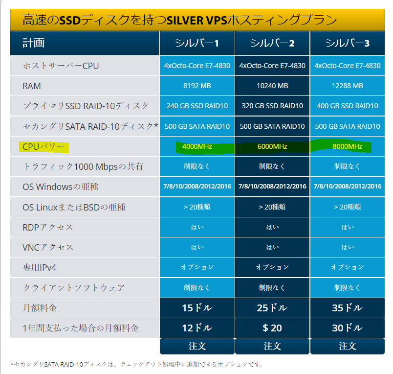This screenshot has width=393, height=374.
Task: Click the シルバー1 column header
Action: click(197, 43)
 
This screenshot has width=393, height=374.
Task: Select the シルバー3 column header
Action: click(348, 43)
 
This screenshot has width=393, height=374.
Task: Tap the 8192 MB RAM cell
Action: click(197, 86)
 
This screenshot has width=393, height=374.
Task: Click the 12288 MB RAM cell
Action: click(348, 86)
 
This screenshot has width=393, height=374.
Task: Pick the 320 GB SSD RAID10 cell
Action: click(272, 106)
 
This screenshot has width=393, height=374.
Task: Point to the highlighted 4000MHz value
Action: click(197, 146)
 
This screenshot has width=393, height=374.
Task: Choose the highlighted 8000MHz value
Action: click(348, 146)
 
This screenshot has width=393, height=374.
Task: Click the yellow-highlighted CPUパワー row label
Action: click(44, 146)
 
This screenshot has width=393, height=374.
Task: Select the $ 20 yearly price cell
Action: click(272, 328)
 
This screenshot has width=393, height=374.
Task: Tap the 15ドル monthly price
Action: click(197, 308)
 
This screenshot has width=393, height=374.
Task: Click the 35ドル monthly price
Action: click(348, 308)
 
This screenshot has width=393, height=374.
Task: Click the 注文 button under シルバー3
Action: click(348, 346)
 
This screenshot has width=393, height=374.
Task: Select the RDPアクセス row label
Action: click(48, 227)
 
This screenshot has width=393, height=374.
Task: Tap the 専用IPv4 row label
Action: click(43, 267)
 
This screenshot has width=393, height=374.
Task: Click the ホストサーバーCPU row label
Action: click(61, 66)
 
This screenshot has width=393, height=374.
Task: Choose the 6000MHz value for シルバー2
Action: click(272, 146)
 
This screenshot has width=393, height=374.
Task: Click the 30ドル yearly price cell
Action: click(348, 328)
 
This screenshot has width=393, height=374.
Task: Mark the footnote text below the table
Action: click(136, 364)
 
